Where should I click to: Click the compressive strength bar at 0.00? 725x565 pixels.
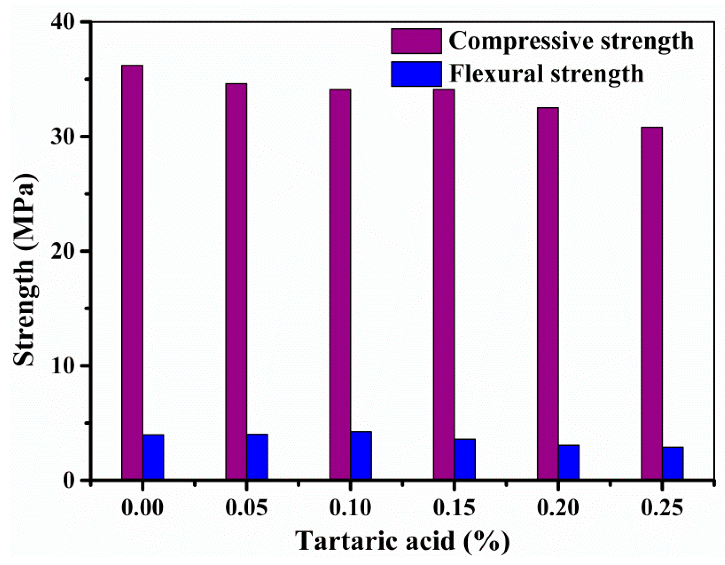click(132, 272)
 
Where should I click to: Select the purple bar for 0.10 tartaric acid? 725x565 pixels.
click(340, 284)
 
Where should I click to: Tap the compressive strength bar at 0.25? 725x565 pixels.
click(652, 303)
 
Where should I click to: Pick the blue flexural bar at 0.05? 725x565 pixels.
click(257, 457)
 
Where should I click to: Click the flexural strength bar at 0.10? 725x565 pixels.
click(361, 455)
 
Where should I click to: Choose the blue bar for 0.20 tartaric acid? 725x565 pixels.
click(569, 462)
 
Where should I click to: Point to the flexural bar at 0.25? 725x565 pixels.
click(673, 463)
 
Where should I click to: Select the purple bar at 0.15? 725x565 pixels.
click(444, 284)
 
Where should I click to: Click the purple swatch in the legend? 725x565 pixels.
click(416, 41)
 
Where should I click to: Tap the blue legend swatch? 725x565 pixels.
click(416, 74)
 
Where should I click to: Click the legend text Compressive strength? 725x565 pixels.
click(571, 41)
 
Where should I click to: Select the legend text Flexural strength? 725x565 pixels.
click(546, 74)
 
